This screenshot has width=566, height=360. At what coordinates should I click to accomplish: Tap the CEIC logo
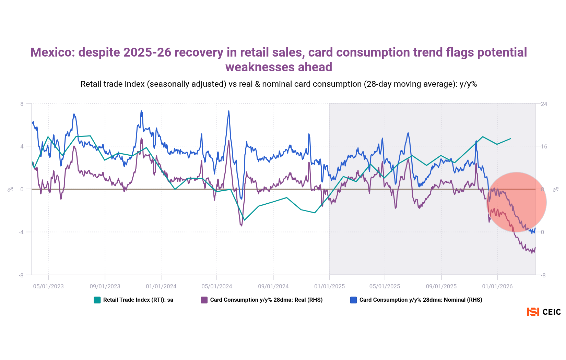(544, 312)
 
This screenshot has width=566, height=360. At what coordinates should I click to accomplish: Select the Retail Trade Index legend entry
(138, 300)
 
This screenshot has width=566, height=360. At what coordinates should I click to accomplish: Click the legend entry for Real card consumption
(266, 300)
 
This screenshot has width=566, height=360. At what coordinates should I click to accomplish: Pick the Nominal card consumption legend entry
(421, 300)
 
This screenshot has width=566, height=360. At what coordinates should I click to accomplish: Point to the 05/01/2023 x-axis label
(48, 286)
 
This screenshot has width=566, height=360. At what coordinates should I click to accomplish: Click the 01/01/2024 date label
(161, 286)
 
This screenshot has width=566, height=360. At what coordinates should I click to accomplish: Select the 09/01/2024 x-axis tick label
(273, 286)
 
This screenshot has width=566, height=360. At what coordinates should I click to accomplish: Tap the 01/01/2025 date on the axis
(329, 286)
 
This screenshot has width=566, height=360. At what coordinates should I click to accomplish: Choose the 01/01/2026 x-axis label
(497, 286)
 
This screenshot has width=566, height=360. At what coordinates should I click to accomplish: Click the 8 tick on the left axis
(22, 104)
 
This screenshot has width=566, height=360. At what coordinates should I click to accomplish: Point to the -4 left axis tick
(21, 232)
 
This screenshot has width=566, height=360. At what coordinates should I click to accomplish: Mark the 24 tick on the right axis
(544, 104)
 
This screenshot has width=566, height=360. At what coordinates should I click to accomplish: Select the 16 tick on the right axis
(544, 147)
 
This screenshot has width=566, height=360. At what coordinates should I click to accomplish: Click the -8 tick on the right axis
(543, 275)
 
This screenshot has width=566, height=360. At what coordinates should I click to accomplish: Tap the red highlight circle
(516, 202)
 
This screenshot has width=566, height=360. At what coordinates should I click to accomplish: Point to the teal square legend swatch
(97, 300)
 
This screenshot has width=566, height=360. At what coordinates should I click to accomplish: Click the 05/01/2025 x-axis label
(385, 286)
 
